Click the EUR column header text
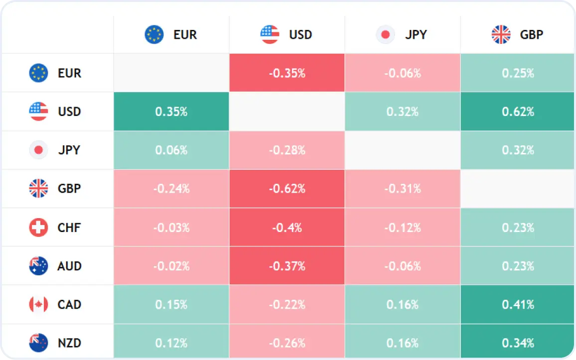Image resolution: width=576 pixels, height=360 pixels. (x=185, y=34)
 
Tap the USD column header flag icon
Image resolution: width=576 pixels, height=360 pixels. (x=270, y=34)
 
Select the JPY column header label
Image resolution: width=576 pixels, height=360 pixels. (x=416, y=34)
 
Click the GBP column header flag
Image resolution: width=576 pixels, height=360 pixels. (x=501, y=34)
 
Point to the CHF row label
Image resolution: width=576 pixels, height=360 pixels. (x=69, y=228)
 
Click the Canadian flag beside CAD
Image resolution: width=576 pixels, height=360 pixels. (x=38, y=304)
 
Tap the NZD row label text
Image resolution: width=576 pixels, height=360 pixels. (x=69, y=343)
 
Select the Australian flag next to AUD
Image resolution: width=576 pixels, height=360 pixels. (x=38, y=266)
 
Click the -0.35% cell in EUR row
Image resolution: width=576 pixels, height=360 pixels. (x=287, y=73)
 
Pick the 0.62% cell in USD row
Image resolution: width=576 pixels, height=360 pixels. (x=518, y=111)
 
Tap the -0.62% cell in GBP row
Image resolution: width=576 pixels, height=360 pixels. (x=287, y=189)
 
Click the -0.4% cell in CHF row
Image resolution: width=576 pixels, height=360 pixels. (x=287, y=228)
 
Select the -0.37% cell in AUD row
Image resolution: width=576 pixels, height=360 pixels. (x=287, y=266)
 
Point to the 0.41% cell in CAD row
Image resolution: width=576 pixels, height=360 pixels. (x=518, y=304)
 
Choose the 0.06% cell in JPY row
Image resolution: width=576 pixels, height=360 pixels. (x=171, y=150)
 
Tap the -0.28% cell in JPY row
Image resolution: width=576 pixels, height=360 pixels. (x=287, y=150)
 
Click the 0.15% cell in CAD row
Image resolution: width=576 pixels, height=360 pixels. (x=171, y=304)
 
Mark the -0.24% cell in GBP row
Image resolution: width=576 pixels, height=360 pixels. (x=171, y=189)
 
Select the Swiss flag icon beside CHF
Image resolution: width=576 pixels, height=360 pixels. (x=38, y=228)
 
